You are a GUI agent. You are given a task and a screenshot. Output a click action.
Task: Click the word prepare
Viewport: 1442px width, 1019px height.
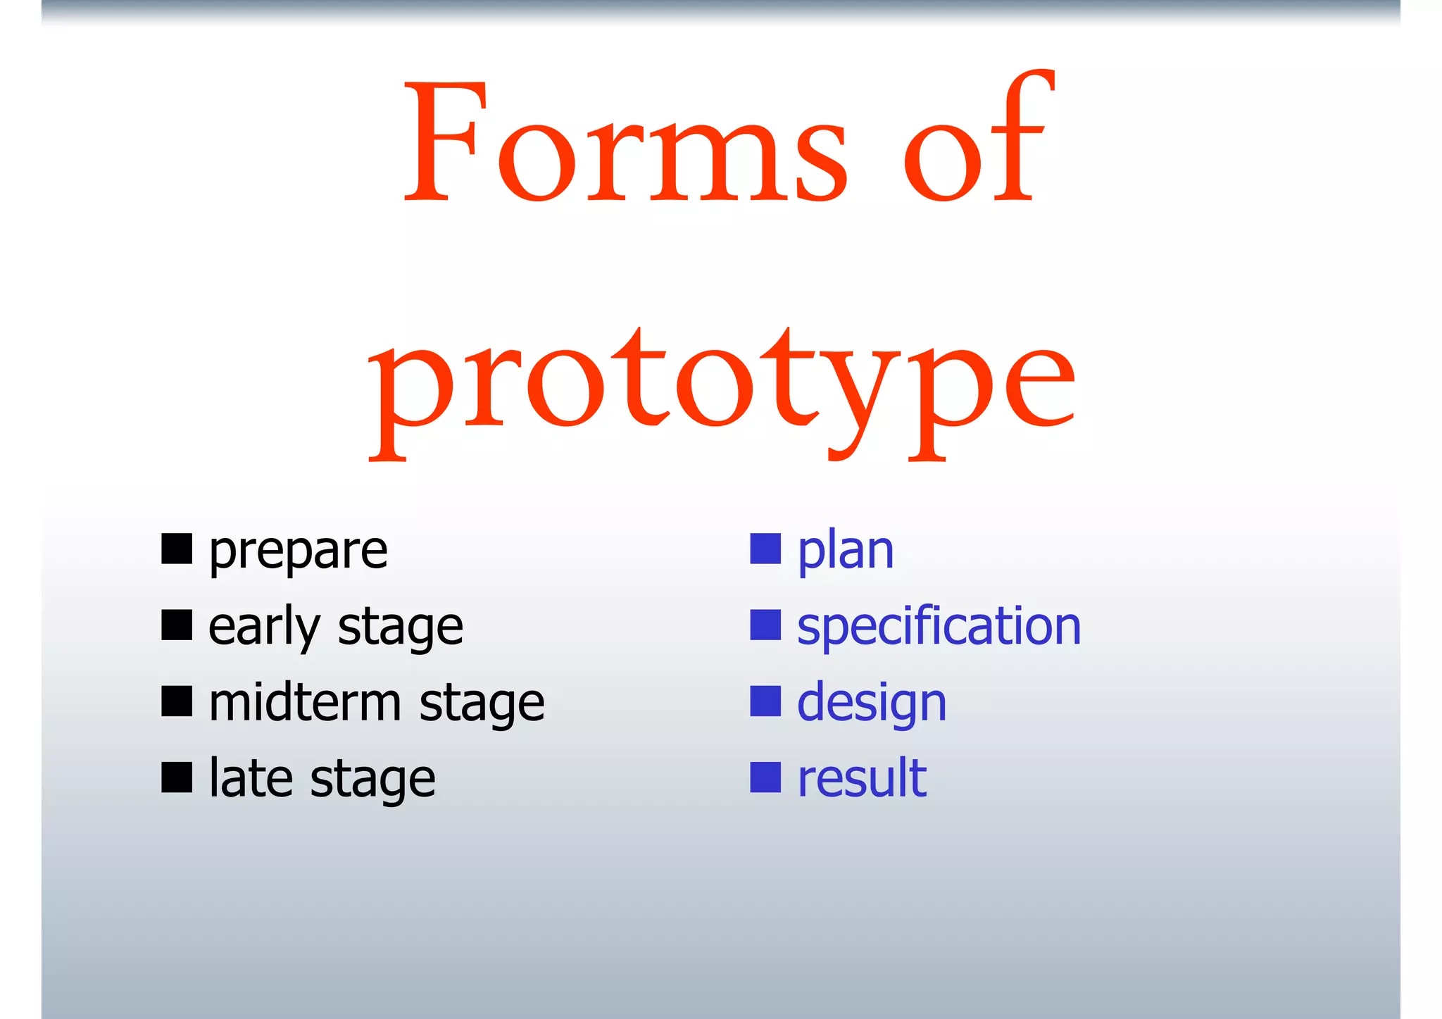(x=298, y=551)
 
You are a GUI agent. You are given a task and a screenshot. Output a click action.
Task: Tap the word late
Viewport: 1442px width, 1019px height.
(x=251, y=779)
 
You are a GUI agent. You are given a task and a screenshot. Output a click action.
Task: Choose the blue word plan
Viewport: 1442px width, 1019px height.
(x=845, y=551)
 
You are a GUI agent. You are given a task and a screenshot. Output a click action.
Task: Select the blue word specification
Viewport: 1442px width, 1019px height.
(x=939, y=627)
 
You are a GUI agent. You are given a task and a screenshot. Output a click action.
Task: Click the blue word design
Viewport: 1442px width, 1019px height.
(x=872, y=704)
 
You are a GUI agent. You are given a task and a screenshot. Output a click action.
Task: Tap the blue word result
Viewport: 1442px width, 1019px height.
(x=861, y=779)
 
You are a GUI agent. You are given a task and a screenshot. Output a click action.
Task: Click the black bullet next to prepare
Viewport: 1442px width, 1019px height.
(x=177, y=549)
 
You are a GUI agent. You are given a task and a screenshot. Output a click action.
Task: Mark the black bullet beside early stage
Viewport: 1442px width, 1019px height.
(x=177, y=625)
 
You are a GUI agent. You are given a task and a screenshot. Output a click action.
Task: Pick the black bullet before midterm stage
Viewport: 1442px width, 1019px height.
(x=177, y=701)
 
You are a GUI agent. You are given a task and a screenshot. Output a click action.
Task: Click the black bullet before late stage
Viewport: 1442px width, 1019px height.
(x=177, y=777)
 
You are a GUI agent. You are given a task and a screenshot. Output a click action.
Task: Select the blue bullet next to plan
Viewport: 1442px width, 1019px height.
(x=765, y=549)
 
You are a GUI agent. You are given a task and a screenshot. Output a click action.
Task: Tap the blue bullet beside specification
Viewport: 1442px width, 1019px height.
(x=765, y=625)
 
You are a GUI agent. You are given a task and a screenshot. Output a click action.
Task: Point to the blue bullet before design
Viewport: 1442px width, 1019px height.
(x=765, y=701)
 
